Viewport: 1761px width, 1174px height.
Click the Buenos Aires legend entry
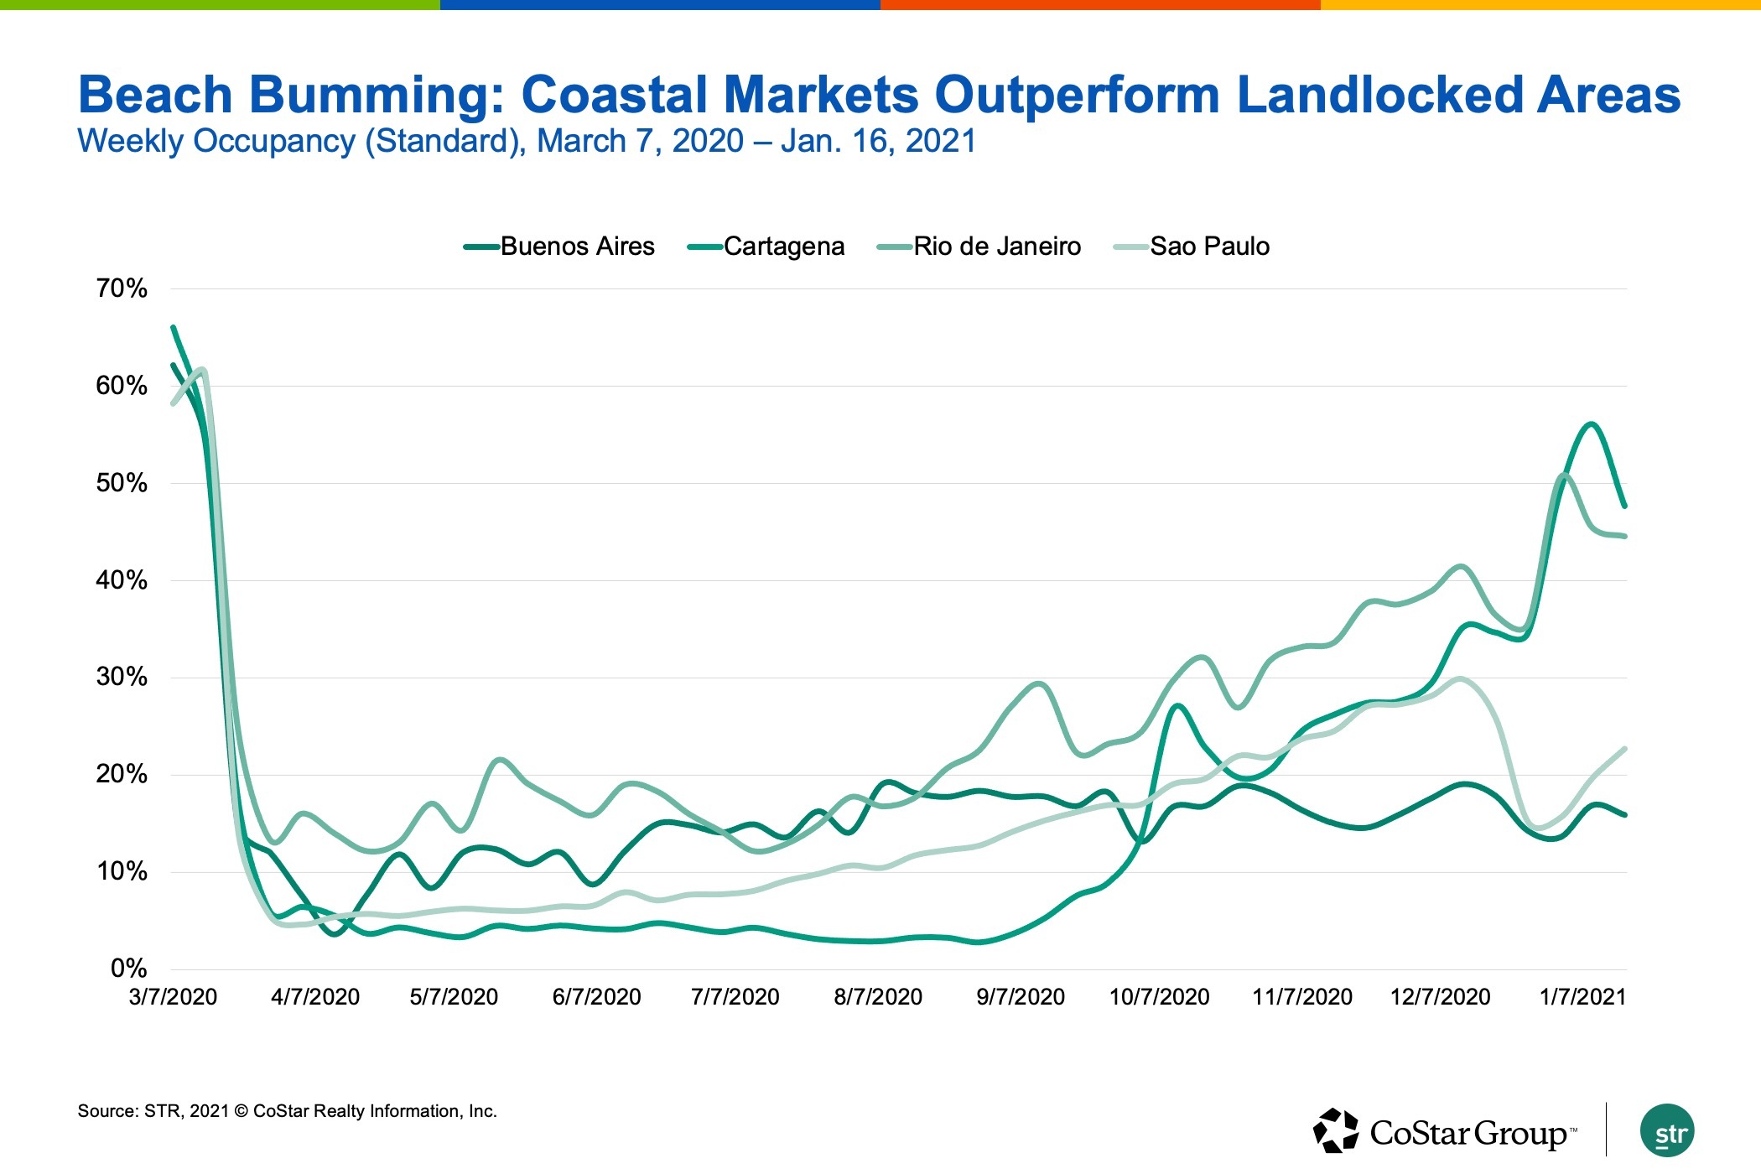(x=577, y=247)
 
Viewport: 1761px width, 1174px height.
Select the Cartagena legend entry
(x=783, y=247)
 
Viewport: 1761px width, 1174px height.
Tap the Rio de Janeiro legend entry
(x=996, y=247)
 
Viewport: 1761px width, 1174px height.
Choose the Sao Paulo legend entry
(x=1209, y=247)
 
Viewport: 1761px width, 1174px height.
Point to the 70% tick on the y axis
(x=122, y=288)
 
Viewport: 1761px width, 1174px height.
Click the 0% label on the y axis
(x=128, y=969)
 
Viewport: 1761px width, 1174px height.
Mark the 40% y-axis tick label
(x=122, y=580)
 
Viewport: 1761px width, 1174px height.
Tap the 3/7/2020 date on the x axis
(x=173, y=997)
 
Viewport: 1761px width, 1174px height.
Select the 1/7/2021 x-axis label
(x=1582, y=997)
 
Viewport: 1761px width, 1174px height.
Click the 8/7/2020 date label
(x=878, y=997)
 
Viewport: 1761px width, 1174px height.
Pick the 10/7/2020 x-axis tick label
(x=1159, y=997)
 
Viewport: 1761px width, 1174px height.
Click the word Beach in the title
(x=155, y=94)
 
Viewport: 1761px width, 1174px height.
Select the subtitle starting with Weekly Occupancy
(x=527, y=141)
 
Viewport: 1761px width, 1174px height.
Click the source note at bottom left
(x=287, y=1111)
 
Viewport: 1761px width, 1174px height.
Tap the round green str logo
(x=1667, y=1131)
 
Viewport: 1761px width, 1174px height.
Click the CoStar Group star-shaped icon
(x=1335, y=1130)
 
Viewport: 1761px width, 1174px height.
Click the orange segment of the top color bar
(x=1100, y=5)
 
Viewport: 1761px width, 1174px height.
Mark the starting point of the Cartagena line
(x=173, y=327)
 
